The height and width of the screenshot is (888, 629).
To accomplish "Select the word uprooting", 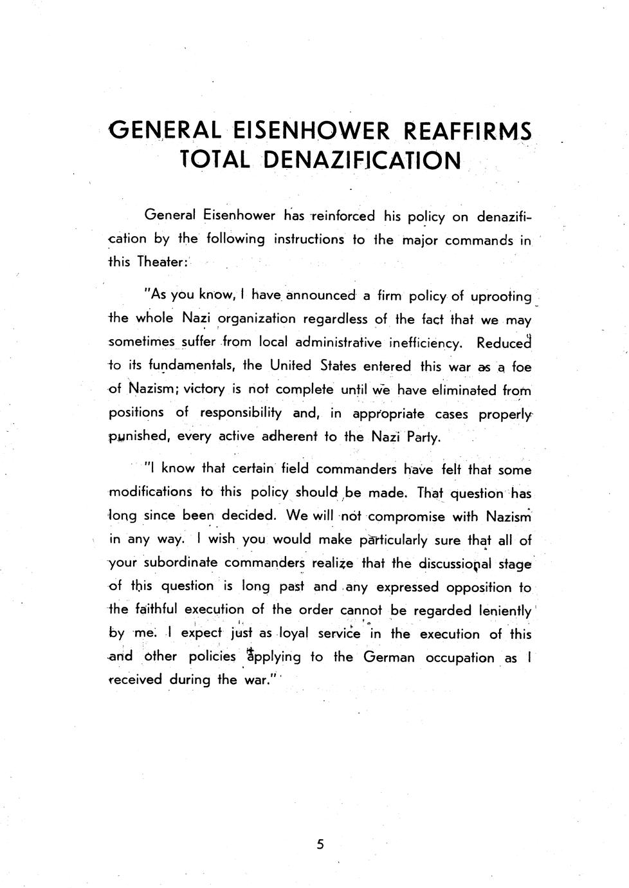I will [x=501, y=297].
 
